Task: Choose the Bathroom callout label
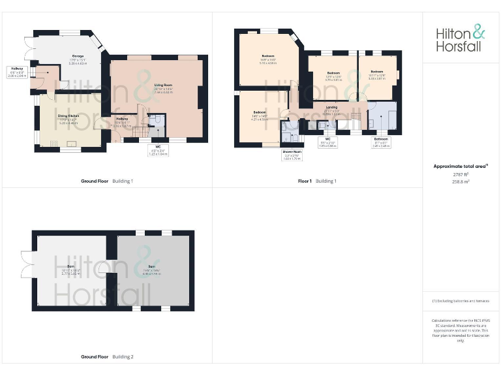(380, 142)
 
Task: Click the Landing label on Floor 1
(331, 109)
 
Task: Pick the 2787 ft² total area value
(461, 174)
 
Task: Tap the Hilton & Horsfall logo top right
(461, 38)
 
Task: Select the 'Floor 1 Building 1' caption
(316, 181)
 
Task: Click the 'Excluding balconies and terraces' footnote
(461, 301)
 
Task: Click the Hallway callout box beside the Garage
(16, 72)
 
